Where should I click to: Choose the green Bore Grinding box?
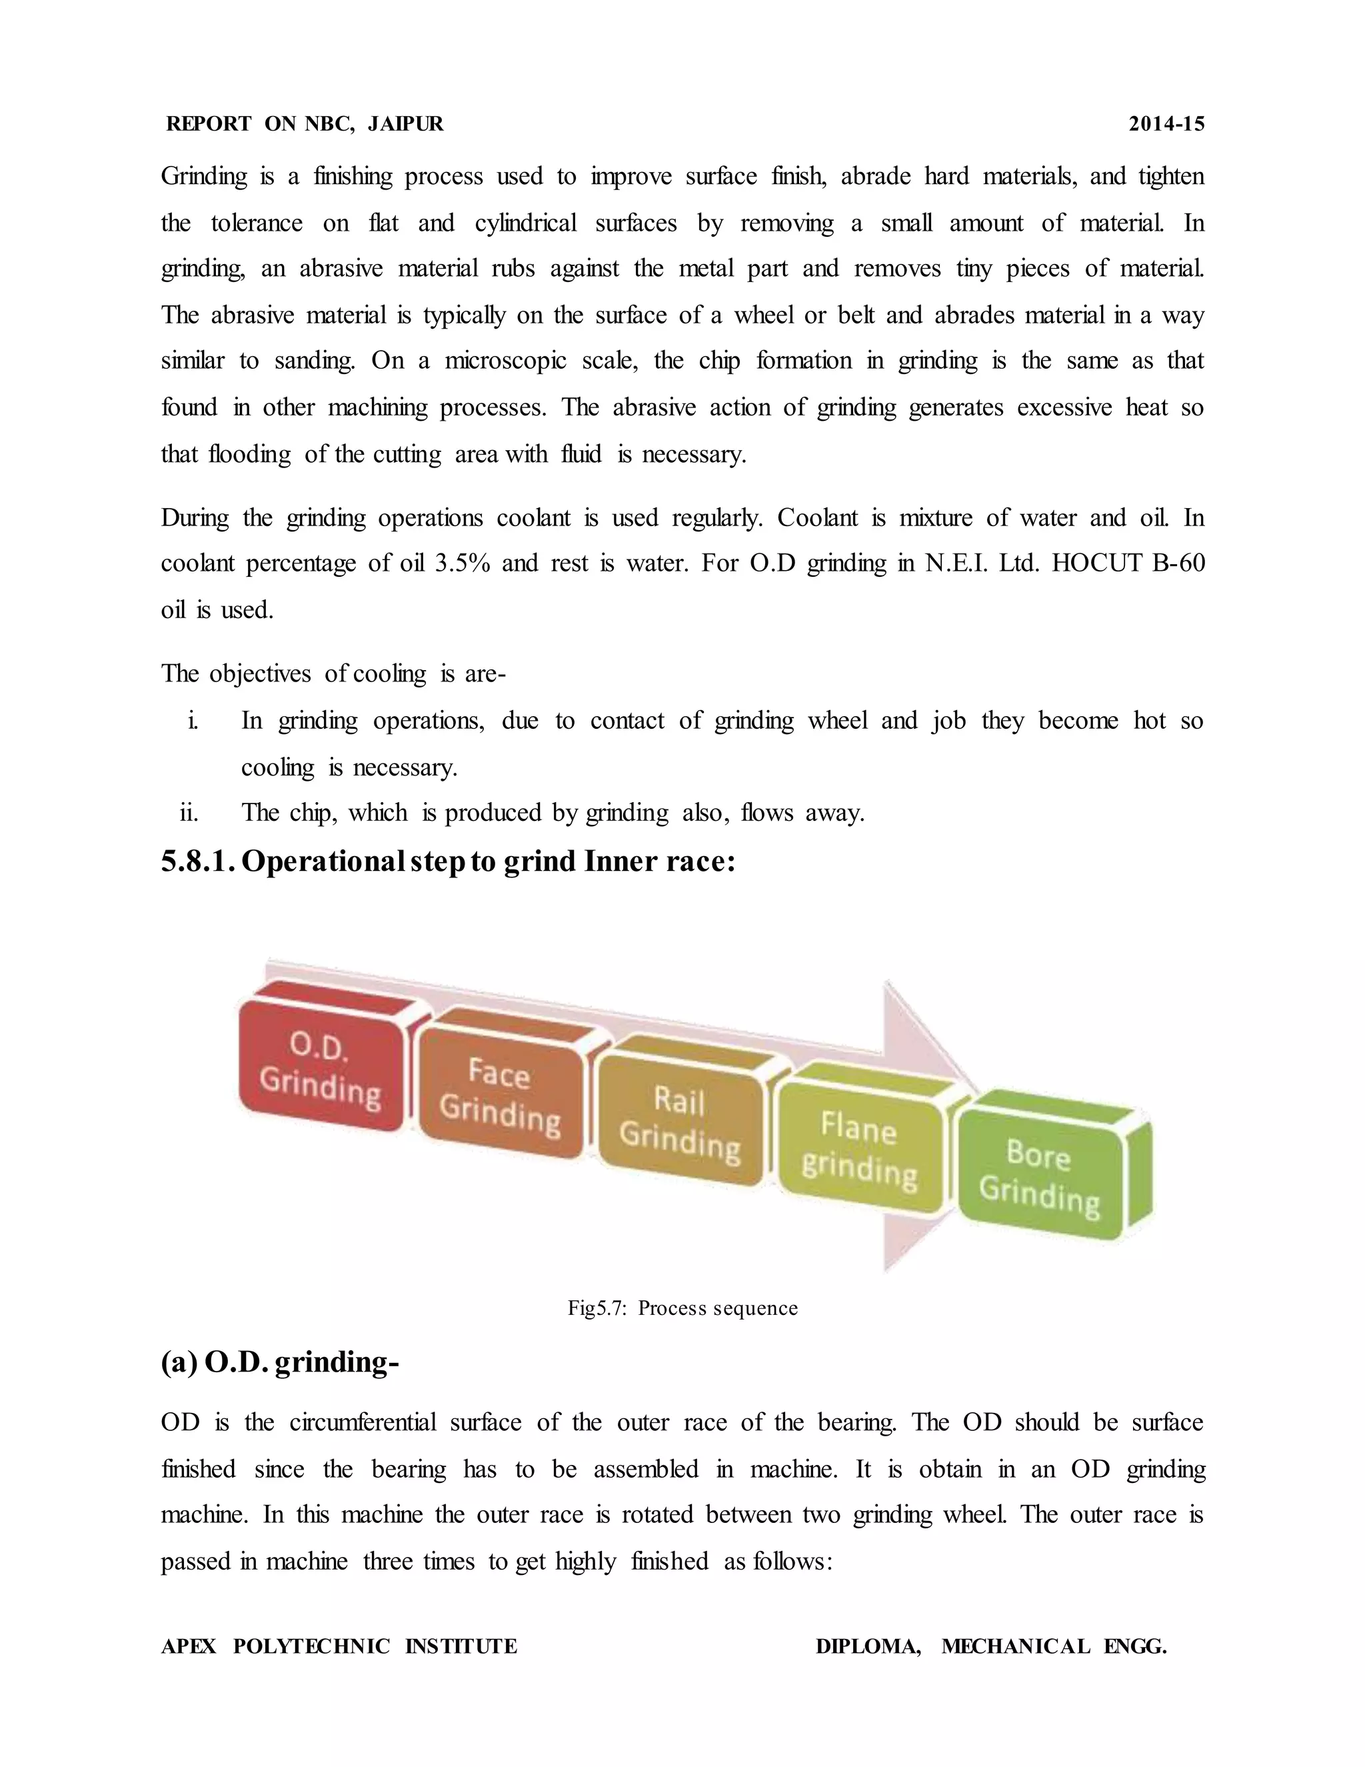pyautogui.click(x=1039, y=1175)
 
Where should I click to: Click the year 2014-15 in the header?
pyautogui.click(x=1166, y=124)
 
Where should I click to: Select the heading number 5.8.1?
pyautogui.click(x=197, y=861)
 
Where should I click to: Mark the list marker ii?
pyautogui.click(x=189, y=812)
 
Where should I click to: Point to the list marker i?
pyautogui.click(x=193, y=720)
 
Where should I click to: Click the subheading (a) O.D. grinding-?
pyautogui.click(x=280, y=1362)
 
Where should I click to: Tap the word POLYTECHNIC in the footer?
pyautogui.click(x=311, y=1646)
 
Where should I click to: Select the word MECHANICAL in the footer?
pyautogui.click(x=1016, y=1646)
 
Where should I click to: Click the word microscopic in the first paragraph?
pyautogui.click(x=505, y=361)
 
